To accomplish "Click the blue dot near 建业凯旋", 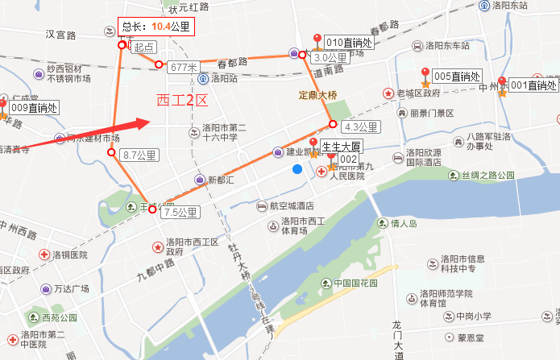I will pos(298,169).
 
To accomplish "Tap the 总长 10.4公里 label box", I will pos(156,27).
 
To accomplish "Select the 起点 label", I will pos(144,48).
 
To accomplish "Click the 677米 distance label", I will pos(185,67).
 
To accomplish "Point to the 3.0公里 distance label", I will pos(330,58).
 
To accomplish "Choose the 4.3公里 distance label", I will pos(360,126).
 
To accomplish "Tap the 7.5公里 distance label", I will pos(180,213).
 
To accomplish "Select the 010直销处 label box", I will pos(347,42).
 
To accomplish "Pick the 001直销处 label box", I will pos(530,85).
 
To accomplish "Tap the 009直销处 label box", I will pos(33,107).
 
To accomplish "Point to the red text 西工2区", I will pos(181,101).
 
